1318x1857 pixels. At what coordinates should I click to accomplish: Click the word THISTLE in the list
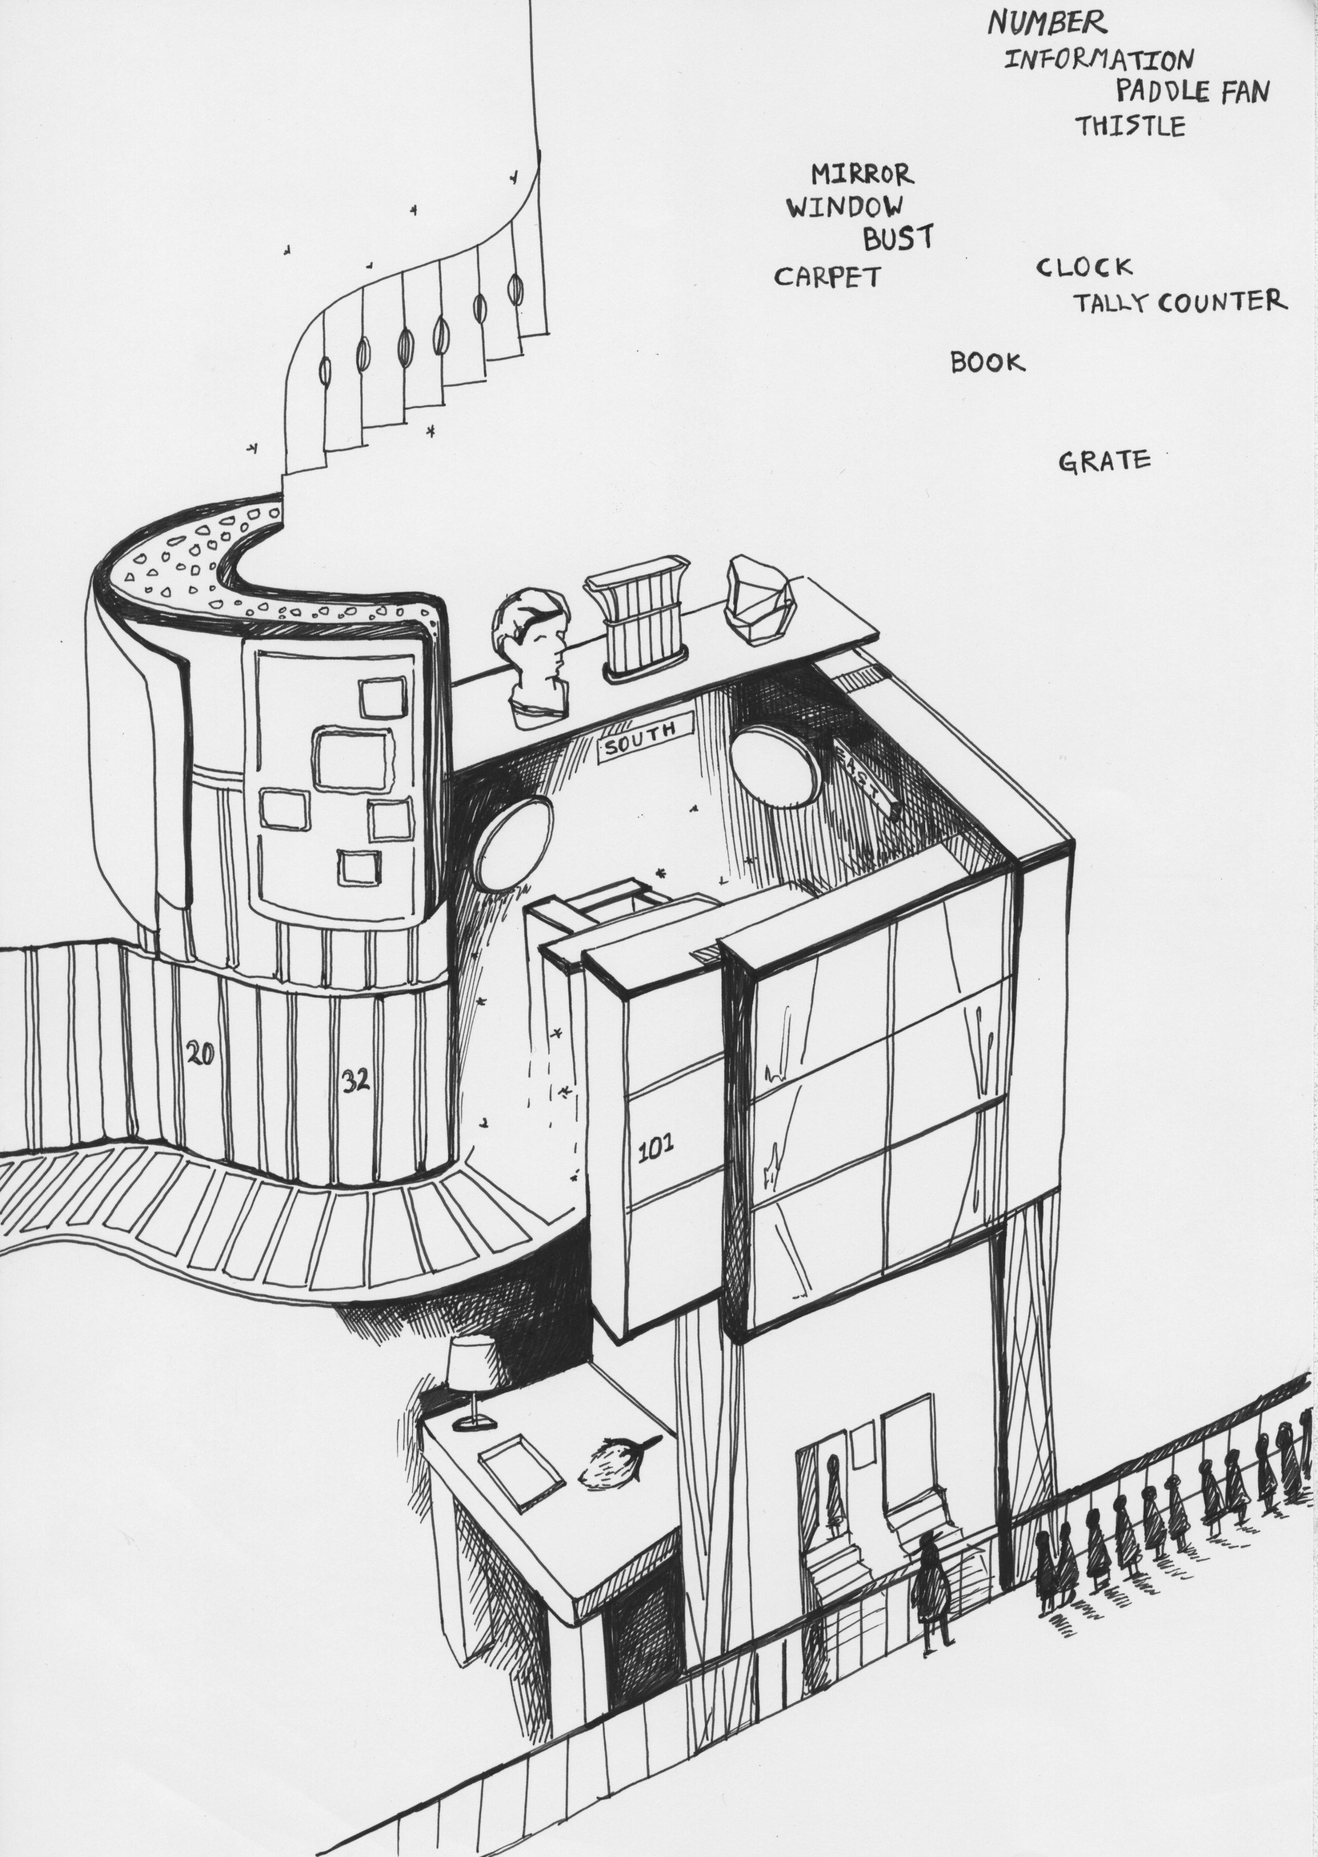pos(1130,126)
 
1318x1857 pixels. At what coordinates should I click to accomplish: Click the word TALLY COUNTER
pos(1180,302)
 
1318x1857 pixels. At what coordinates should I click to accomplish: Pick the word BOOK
pos(987,362)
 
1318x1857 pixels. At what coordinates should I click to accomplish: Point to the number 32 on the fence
pos(355,1081)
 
